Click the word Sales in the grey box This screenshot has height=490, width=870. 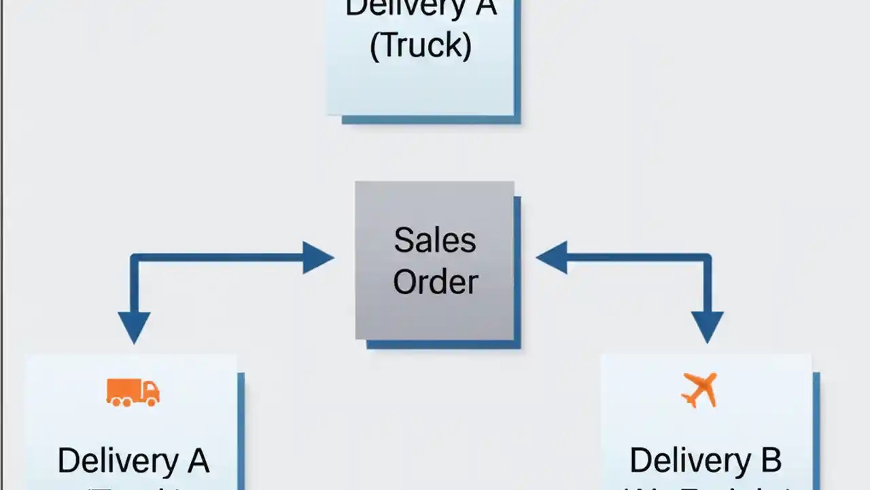435,240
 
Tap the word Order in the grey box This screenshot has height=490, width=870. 435,281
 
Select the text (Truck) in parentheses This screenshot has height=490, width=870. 420,46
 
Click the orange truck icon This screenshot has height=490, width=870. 133,393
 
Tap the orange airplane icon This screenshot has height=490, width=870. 699,390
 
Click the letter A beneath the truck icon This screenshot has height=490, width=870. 196,461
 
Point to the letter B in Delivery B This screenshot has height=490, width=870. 770,461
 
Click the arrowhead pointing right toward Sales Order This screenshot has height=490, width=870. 317,258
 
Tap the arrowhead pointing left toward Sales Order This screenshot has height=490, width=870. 552,258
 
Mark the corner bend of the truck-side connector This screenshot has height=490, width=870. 135,259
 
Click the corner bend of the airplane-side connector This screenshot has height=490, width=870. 707,259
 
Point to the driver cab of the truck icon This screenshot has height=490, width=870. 151,392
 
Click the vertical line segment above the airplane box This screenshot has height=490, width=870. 707,289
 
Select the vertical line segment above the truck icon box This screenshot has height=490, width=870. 134,289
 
